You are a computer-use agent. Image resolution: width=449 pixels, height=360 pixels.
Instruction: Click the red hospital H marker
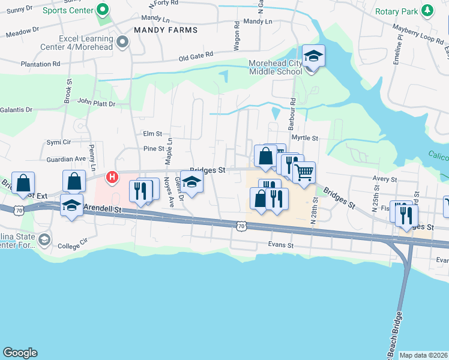pyautogui.click(x=112, y=177)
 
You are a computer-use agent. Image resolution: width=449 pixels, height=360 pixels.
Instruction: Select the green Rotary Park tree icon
pyautogui.click(x=427, y=11)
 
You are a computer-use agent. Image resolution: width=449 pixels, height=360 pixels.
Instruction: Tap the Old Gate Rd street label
pyautogui.click(x=196, y=56)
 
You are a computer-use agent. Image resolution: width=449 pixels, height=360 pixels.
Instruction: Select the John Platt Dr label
pyautogui.click(x=95, y=103)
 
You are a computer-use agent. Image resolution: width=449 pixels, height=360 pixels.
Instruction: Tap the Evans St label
pyautogui.click(x=281, y=245)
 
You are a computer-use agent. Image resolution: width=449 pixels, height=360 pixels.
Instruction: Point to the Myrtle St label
pyautogui.click(x=304, y=137)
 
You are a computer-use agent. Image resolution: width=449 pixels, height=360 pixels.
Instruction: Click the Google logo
pyautogui.click(x=20, y=353)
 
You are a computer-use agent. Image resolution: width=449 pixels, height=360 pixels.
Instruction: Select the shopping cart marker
pyautogui.click(x=304, y=173)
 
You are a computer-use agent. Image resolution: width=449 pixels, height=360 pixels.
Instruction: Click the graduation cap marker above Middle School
pyautogui.click(x=313, y=57)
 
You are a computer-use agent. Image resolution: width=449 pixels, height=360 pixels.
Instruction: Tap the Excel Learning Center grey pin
pyautogui.click(x=123, y=42)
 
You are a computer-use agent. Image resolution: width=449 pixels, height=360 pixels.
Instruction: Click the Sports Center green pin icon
pyautogui.click(x=102, y=10)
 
